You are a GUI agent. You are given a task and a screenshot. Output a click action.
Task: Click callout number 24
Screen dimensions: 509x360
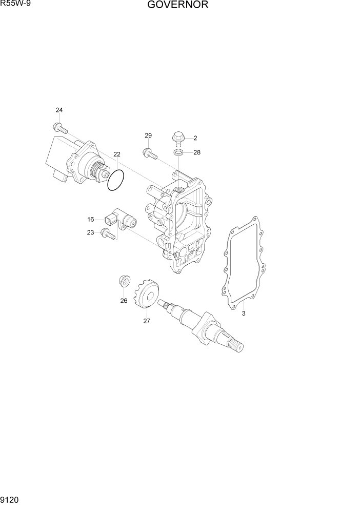tap(59, 110)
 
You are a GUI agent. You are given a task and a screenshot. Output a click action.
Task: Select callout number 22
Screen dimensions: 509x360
tap(117, 154)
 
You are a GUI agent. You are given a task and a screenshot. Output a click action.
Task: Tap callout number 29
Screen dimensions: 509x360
tap(148, 135)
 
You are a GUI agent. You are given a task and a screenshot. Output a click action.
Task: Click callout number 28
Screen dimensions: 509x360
tap(197, 152)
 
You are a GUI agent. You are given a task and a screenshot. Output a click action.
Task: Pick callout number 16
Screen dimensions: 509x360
tap(91, 220)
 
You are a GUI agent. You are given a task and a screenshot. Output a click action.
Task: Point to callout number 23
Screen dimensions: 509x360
tap(91, 232)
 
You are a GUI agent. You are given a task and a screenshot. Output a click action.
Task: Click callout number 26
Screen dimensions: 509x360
tap(124, 301)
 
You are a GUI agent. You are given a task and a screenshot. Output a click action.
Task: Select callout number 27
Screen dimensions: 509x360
tap(147, 321)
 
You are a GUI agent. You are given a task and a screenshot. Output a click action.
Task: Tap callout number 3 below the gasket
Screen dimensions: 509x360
tap(244, 313)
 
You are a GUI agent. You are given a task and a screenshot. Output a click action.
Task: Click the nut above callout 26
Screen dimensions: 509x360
tap(124, 281)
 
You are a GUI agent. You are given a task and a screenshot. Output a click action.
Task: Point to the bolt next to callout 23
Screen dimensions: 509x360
tap(108, 234)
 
